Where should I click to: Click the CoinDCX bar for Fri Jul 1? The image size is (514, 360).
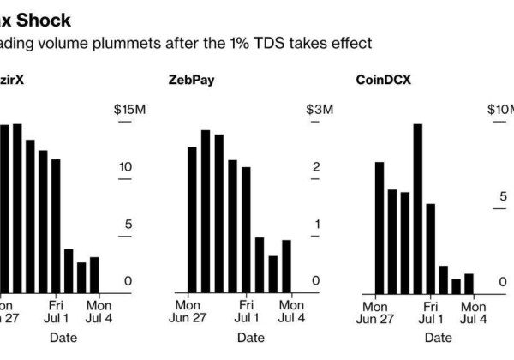pyautogui.click(x=431, y=248)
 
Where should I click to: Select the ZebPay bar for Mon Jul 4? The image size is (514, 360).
pyautogui.click(x=286, y=266)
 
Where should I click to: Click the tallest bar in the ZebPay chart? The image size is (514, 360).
pyautogui.click(x=206, y=211)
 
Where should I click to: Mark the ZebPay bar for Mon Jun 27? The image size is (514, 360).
pyautogui.click(x=192, y=219)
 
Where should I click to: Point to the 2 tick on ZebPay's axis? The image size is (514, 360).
pyautogui.click(x=315, y=167)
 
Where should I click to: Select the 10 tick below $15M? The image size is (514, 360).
pyautogui.click(x=125, y=167)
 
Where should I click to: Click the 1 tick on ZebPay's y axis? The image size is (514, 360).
pyautogui.click(x=315, y=225)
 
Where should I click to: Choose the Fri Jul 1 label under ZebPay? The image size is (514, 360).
pyautogui.click(x=246, y=311)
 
